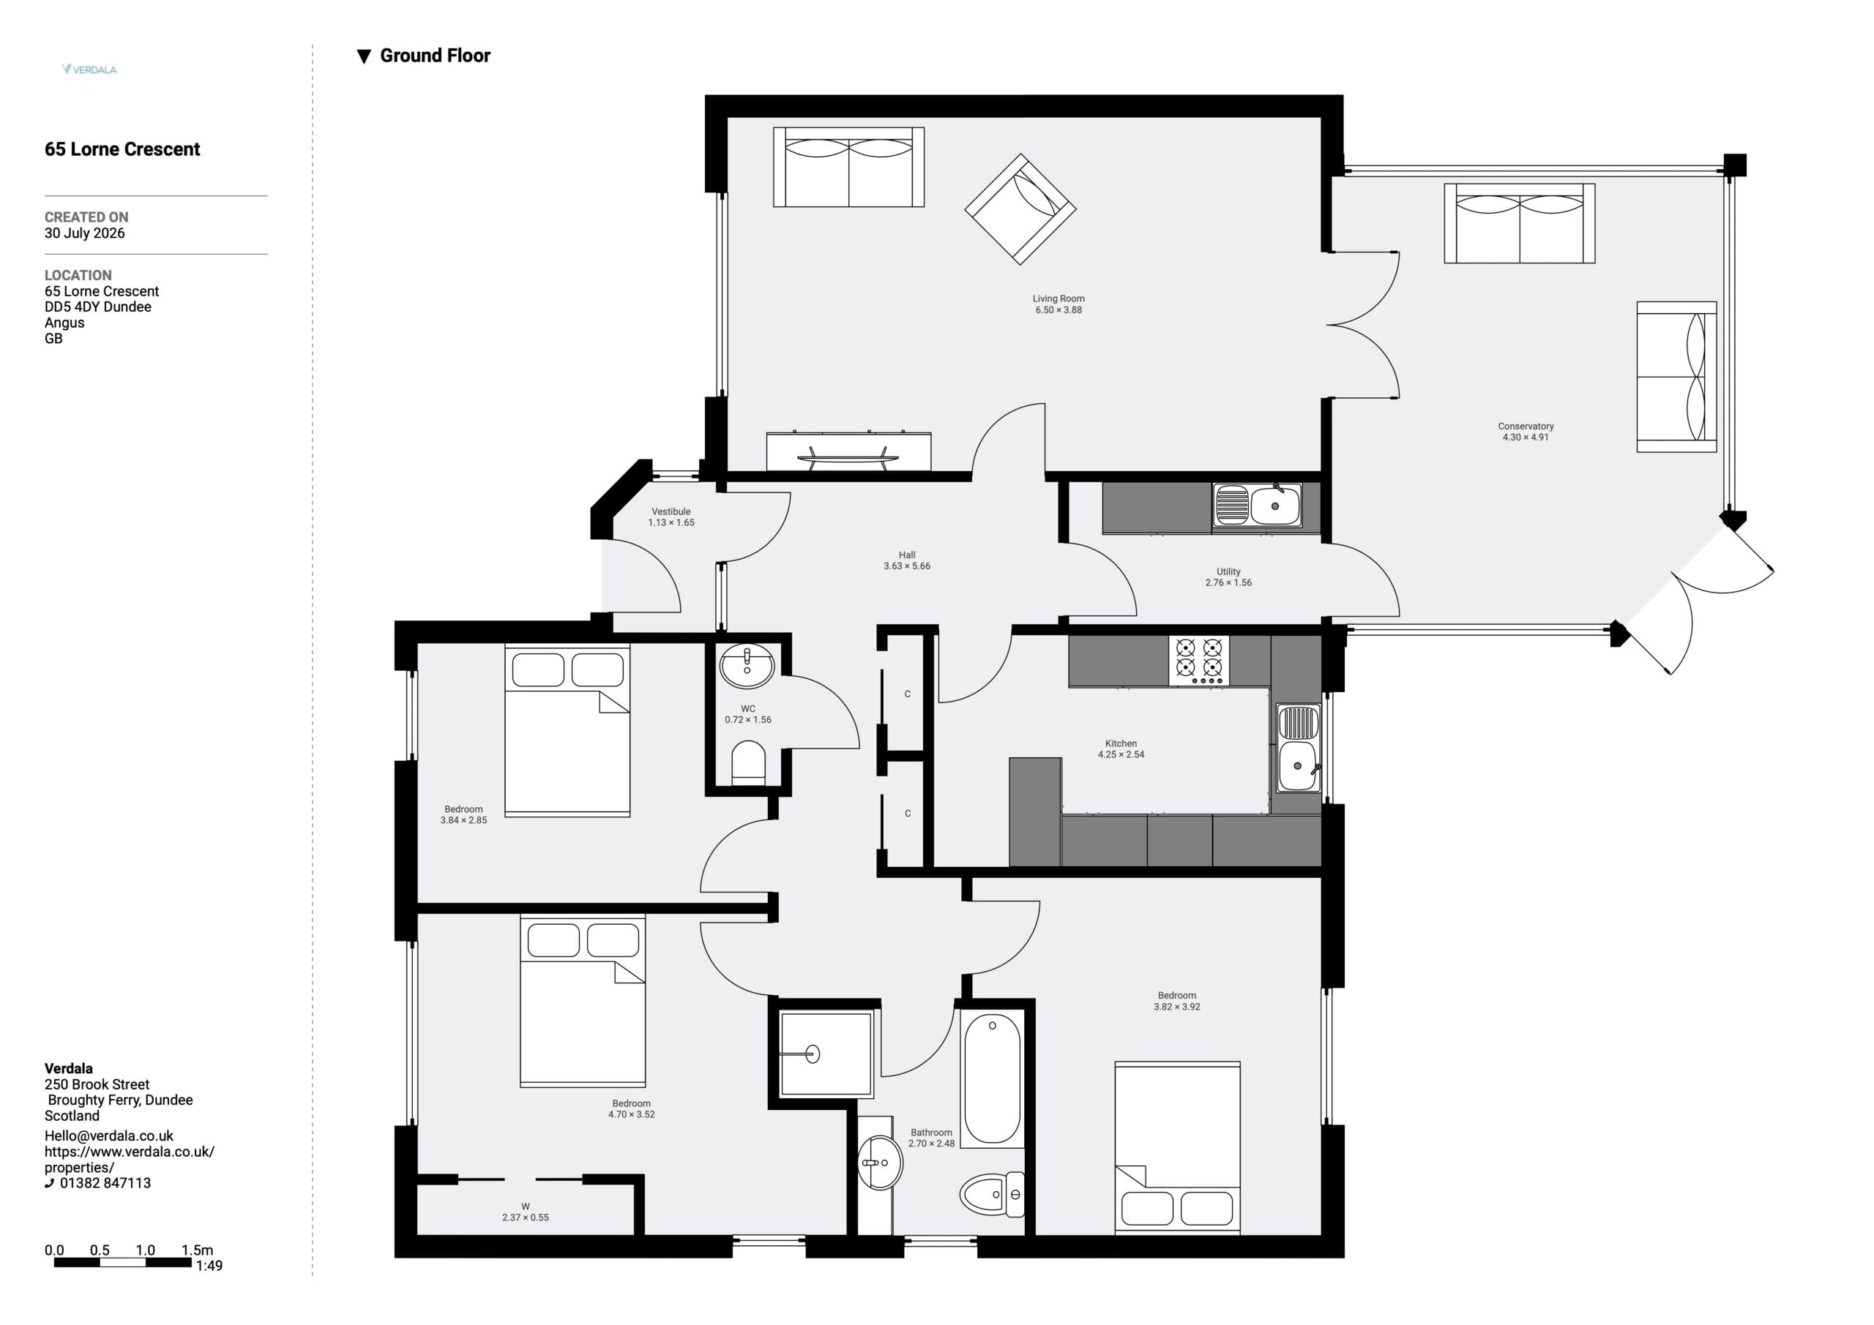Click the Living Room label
[x=1058, y=299]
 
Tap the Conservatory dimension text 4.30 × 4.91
[x=1526, y=438]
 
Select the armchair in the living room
[x=1020, y=209]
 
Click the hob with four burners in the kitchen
[x=1199, y=661]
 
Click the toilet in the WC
[x=747, y=763]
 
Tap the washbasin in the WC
[x=747, y=667]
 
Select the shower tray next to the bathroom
[x=826, y=1054]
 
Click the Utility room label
[x=1228, y=572]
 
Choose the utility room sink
[x=1257, y=505]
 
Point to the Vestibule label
[x=671, y=511]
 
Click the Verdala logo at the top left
[x=90, y=70]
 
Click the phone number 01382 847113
[x=105, y=1183]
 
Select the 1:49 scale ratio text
[x=209, y=1266]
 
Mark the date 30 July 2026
[x=85, y=233]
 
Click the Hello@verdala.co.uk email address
[x=109, y=1136]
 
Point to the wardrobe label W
[x=526, y=1206]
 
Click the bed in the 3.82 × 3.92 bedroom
[x=1178, y=1147]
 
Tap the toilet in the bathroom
[x=992, y=1195]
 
